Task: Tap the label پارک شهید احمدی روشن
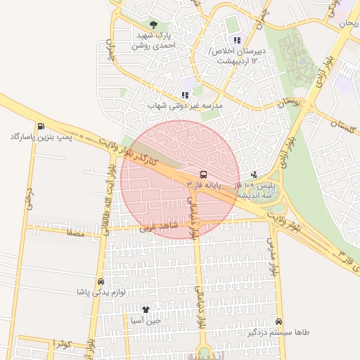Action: point(154,40)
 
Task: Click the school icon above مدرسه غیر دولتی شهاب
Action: point(185,95)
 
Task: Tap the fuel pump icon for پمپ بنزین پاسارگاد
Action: point(41,126)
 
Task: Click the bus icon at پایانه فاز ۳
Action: point(203,174)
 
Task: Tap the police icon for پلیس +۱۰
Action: point(253,174)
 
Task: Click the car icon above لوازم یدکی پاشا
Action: point(101,281)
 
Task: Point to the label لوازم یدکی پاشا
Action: point(101,291)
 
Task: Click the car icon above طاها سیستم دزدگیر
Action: point(279,322)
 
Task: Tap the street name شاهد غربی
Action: point(155,228)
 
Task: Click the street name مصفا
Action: point(73,231)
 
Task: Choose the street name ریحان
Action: point(348,24)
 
